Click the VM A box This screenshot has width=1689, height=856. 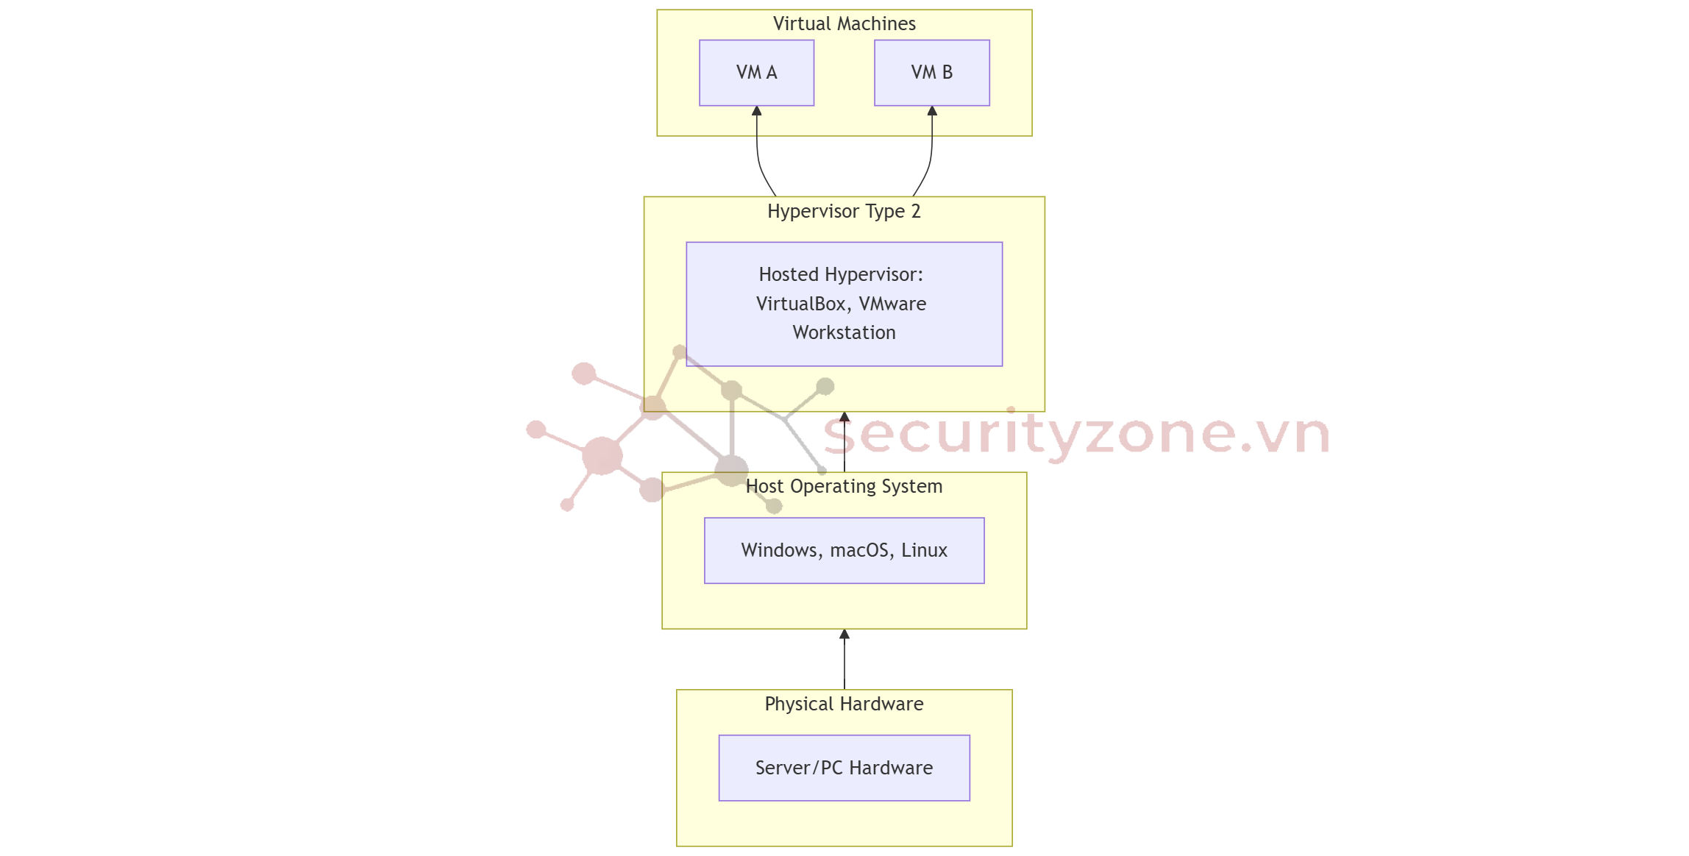click(756, 73)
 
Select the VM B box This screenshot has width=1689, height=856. click(931, 73)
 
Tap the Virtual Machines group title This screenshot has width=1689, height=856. click(844, 24)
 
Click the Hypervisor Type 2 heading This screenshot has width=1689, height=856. click(844, 211)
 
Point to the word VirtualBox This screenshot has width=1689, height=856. click(801, 304)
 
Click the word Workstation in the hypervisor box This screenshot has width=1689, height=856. click(844, 332)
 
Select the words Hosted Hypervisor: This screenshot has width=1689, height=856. click(841, 274)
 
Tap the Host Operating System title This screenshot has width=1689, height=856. click(844, 486)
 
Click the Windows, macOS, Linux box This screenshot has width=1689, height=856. click(844, 550)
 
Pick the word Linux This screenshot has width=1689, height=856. click(924, 550)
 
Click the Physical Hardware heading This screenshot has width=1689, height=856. click(844, 704)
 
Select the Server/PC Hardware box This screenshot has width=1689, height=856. click(844, 768)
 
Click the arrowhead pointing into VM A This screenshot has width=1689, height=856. click(756, 111)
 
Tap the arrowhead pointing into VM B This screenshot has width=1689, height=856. click(932, 111)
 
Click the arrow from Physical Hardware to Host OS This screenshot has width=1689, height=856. click(844, 662)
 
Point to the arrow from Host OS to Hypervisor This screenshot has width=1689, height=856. click(844, 445)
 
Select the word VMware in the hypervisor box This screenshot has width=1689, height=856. click(892, 304)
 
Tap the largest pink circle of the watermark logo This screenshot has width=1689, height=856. click(602, 456)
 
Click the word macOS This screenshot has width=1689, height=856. click(861, 550)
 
